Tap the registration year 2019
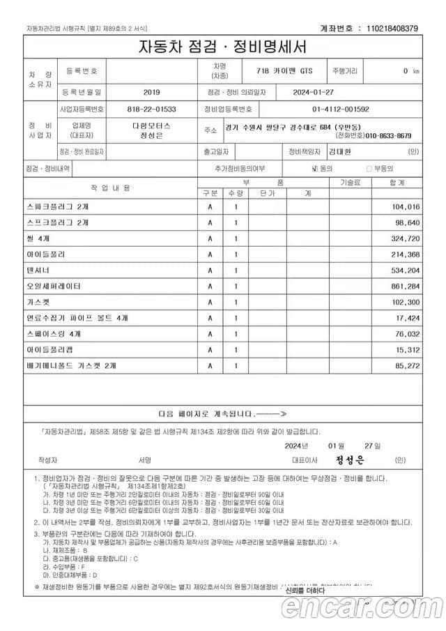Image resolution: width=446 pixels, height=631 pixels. [151, 92]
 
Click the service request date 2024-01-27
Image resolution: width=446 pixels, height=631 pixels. [295, 92]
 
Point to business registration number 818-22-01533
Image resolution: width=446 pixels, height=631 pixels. [151, 109]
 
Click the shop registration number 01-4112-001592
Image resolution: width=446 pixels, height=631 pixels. [341, 109]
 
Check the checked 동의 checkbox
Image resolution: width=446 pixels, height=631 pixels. [315, 169]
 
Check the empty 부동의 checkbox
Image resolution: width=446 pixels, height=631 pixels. [369, 169]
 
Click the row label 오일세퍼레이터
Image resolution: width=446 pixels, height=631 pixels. [53, 287]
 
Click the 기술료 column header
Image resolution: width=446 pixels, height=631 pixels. [350, 182]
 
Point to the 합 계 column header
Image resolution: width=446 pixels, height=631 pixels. [397, 182]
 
